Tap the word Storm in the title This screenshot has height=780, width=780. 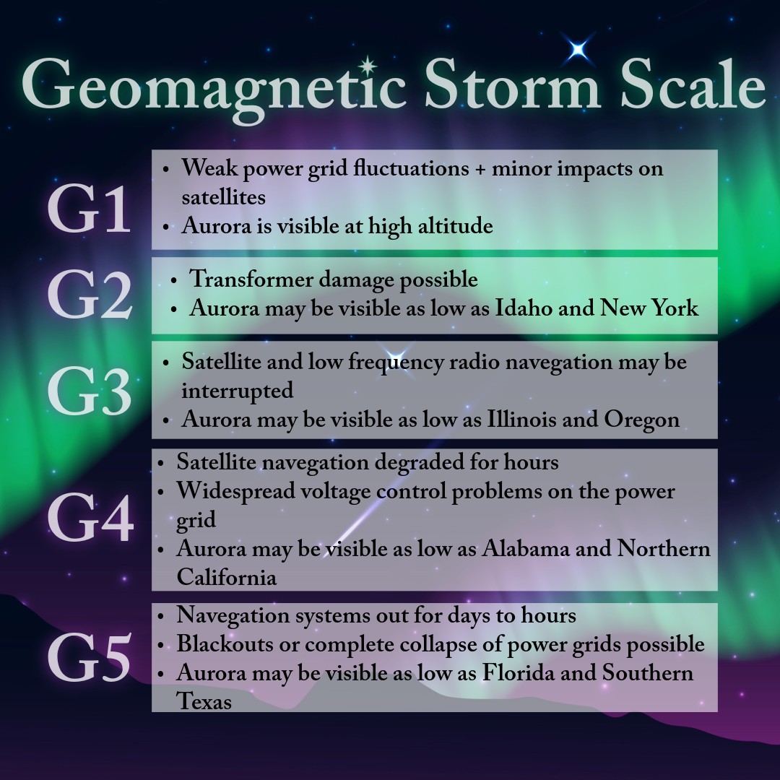pyautogui.click(x=512, y=84)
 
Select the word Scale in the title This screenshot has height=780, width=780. pyautogui.click(x=693, y=84)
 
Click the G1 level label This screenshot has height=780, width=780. pyautogui.click(x=89, y=209)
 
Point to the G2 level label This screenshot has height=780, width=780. pyautogui.click(x=90, y=294)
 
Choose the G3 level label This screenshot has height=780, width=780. pyautogui.click(x=90, y=391)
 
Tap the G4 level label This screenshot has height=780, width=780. pyautogui.click(x=90, y=517)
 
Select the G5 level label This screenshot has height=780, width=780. pyautogui.click(x=90, y=657)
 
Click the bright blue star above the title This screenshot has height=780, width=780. pyautogui.click(x=578, y=49)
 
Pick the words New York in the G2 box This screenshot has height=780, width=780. pyautogui.click(x=649, y=308)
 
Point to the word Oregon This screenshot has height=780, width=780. pyautogui.click(x=642, y=420)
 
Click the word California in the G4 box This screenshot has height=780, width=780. pyautogui.click(x=226, y=577)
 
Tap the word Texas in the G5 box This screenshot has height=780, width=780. pyautogui.click(x=204, y=701)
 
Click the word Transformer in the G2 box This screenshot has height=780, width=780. pyautogui.click(x=251, y=279)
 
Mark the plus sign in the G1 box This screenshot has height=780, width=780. pyautogui.click(x=480, y=169)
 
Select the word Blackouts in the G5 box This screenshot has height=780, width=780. pyautogui.click(x=225, y=643)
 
